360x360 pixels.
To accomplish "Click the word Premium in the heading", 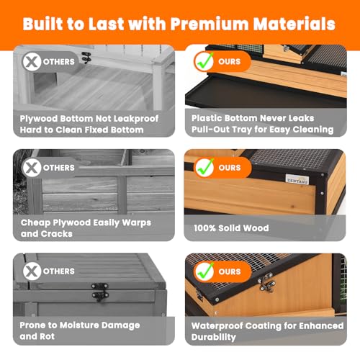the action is click(x=210, y=24).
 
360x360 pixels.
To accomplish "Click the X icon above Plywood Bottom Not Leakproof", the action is click(x=32, y=62).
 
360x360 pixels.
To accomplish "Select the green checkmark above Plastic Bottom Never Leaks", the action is click(x=204, y=61).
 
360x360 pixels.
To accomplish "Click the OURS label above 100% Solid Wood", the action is click(x=230, y=168).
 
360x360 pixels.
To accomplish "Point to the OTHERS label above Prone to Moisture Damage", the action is click(x=59, y=271).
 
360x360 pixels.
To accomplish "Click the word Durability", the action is click(x=214, y=337).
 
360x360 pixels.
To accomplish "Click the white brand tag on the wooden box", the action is click(x=297, y=180).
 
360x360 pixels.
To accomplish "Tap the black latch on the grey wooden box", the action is click(x=100, y=292).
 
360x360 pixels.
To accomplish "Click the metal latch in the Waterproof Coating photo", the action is click(x=266, y=282).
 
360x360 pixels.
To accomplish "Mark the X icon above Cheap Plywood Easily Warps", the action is click(x=32, y=168).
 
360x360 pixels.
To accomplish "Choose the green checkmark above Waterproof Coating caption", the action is click(x=204, y=271).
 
